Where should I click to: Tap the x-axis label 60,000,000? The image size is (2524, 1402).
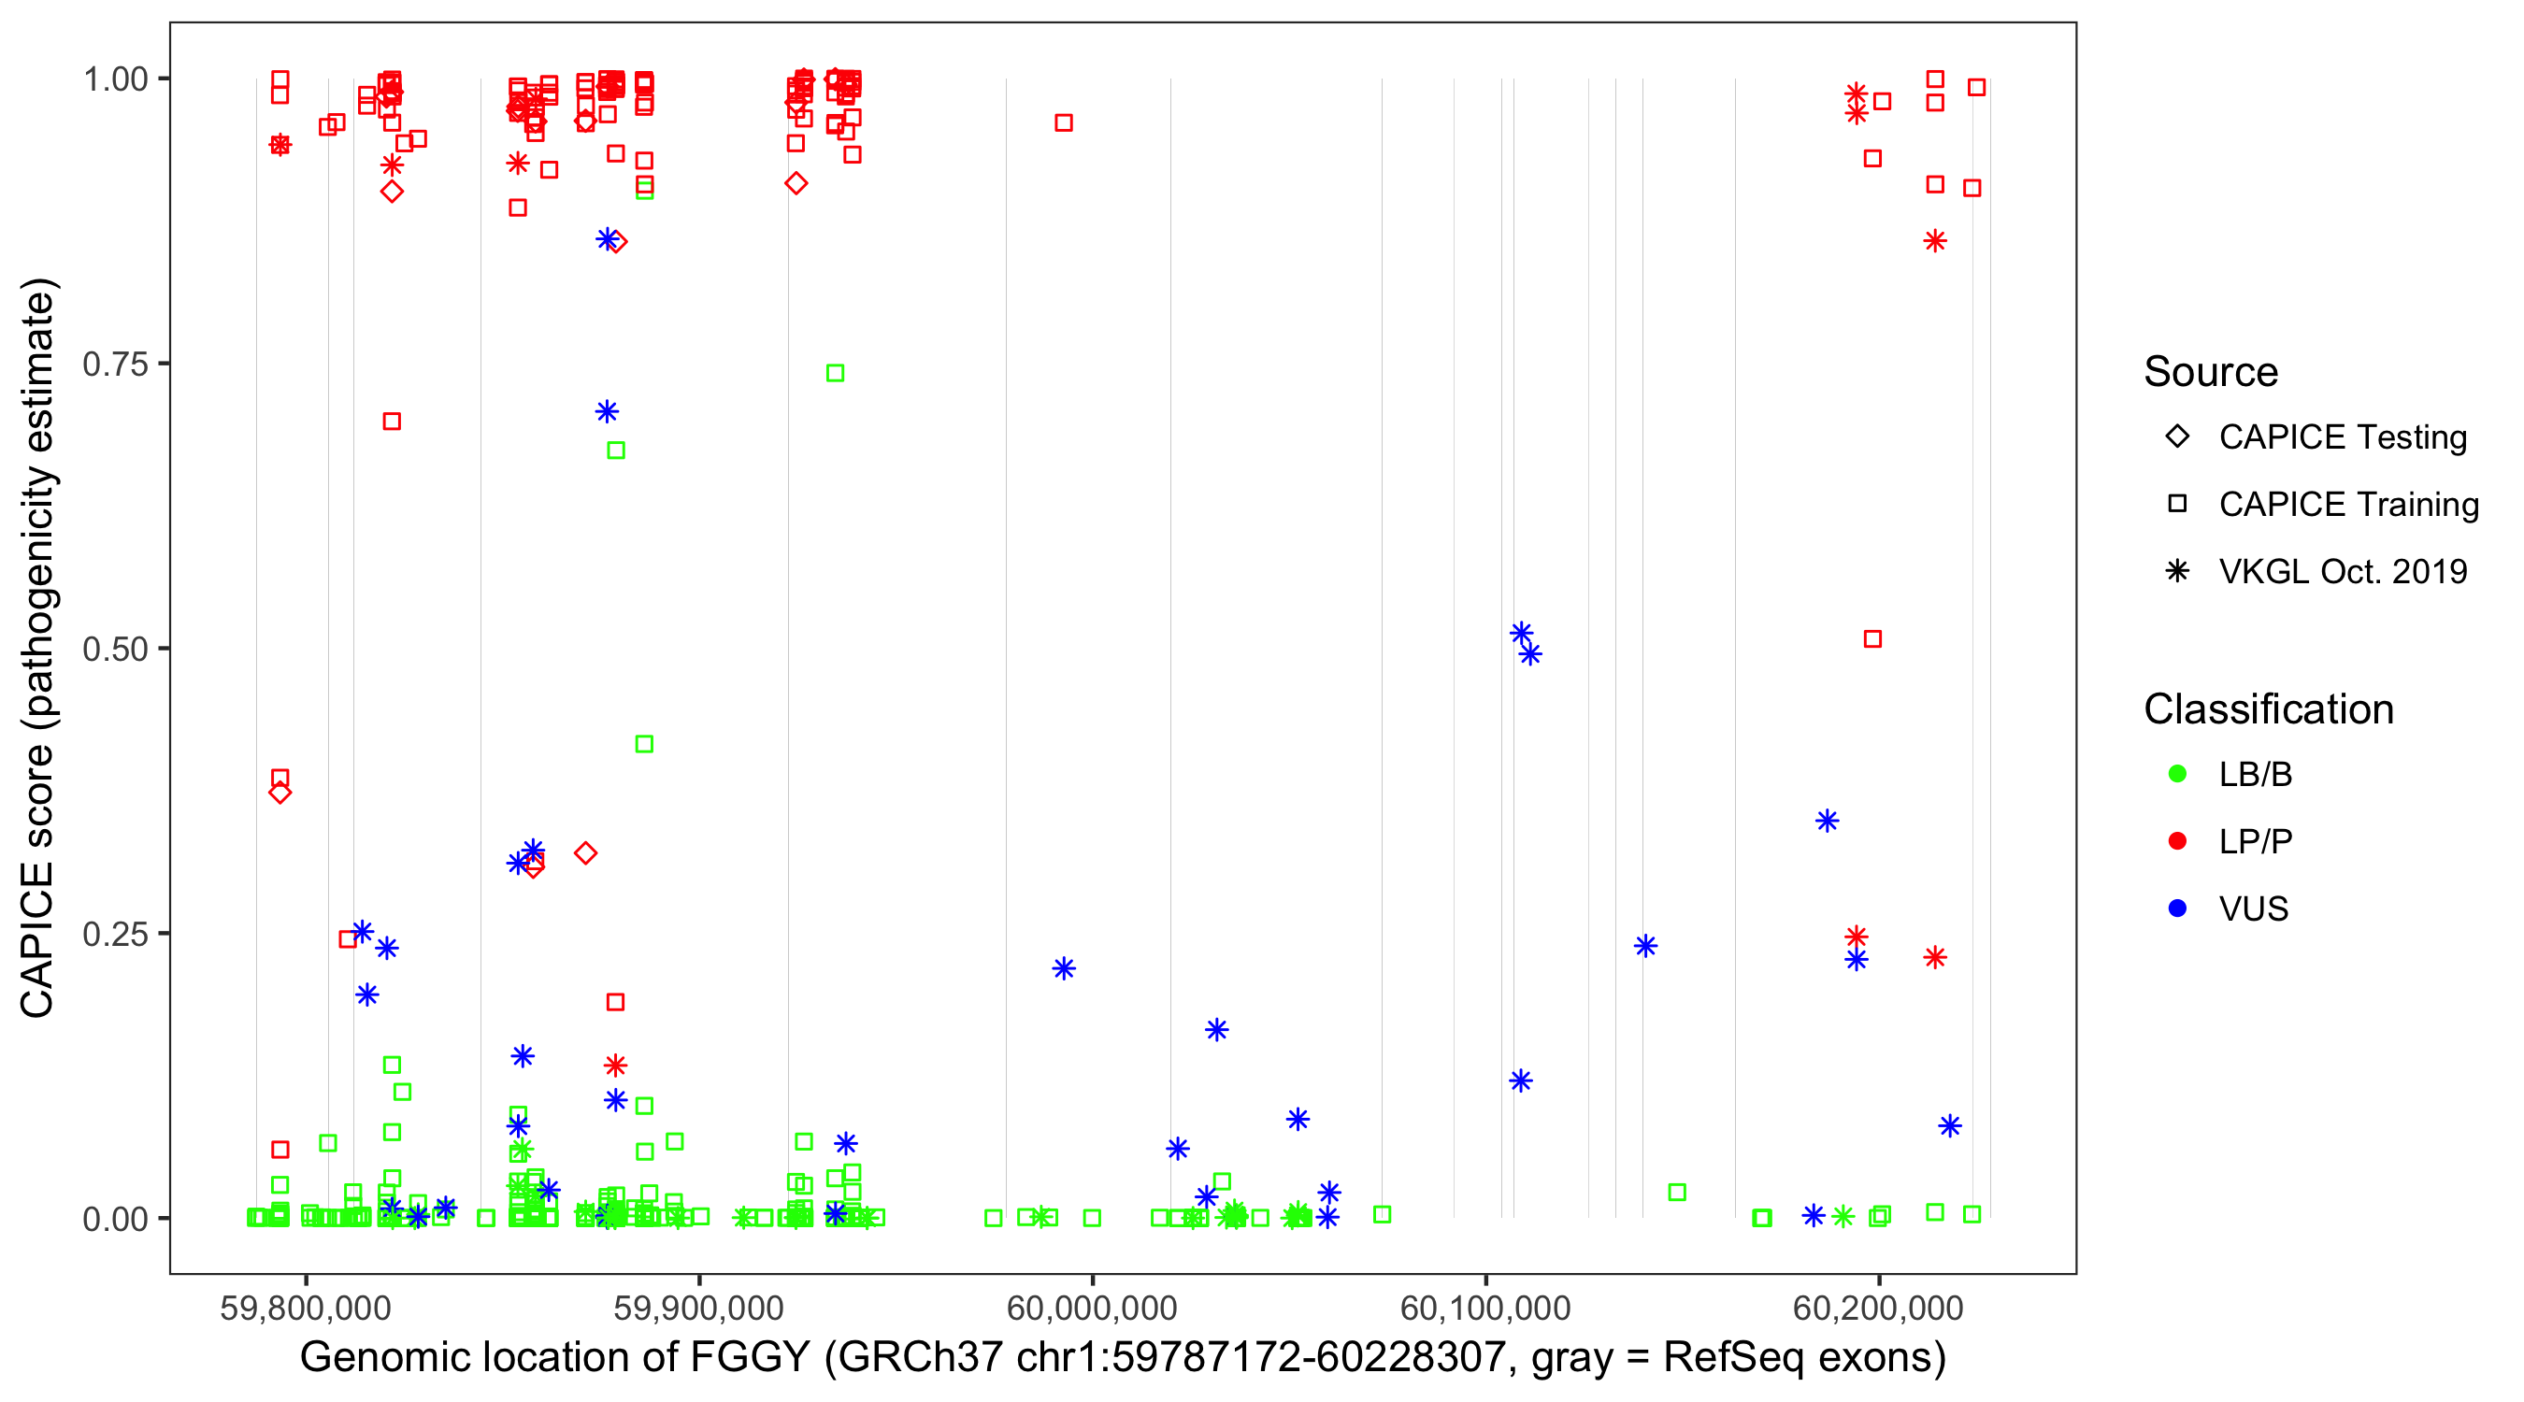1093,1307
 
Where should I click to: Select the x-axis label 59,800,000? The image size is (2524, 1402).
306,1307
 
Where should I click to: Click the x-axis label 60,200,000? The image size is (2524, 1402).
1878,1307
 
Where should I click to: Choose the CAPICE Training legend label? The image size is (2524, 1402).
2347,505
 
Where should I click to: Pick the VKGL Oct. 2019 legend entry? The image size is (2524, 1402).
2342,571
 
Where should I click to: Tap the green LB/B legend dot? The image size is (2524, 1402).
2177,774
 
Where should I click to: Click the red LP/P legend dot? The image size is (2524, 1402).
2177,841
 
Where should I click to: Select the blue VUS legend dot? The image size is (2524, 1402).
2177,908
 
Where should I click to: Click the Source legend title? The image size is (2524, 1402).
2211,372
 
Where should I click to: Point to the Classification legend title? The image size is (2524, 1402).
2268,709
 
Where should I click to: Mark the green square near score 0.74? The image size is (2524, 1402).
835,373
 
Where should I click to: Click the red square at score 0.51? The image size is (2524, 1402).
1872,638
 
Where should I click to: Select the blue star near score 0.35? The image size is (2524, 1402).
1827,821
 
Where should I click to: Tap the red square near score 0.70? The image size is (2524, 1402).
392,422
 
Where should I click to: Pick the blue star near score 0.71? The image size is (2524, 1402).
608,411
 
